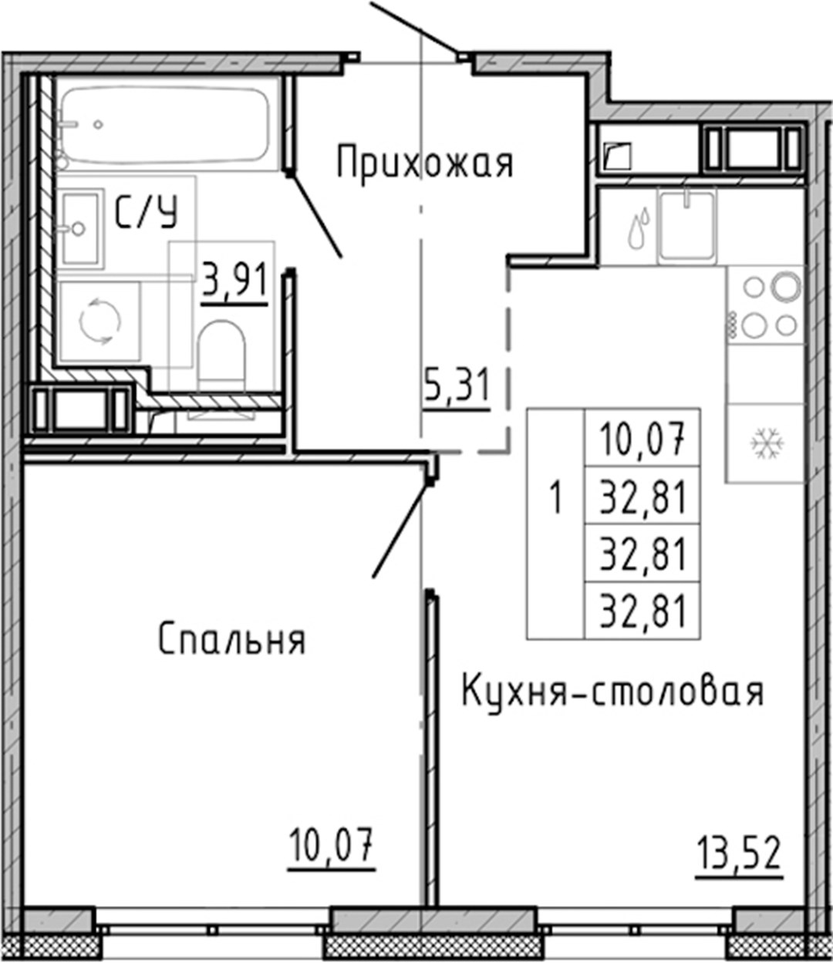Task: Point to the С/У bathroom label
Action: point(147,213)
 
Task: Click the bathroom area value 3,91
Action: point(234,280)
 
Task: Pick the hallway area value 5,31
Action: point(457,386)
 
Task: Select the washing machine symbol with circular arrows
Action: point(99,321)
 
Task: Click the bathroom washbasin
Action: point(81,229)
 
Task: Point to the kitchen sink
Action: point(686,227)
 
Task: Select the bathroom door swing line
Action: point(315,215)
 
